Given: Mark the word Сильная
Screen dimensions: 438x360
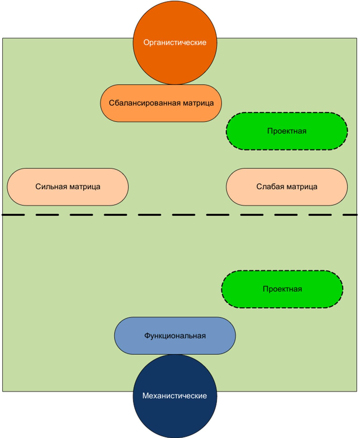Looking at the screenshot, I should coord(48,187).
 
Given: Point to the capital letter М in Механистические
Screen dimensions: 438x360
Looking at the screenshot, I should coord(145,396).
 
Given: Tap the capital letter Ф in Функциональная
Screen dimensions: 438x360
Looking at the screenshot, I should coord(147,336).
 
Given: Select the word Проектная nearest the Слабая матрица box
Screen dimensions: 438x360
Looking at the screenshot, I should coord(287,131).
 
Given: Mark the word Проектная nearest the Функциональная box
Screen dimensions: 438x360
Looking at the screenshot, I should coord(282,289).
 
